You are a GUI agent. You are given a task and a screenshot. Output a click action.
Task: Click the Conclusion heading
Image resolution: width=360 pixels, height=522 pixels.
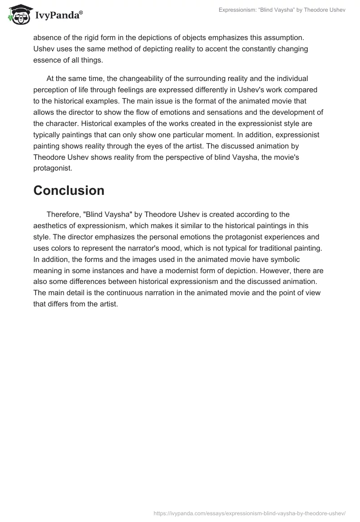[69, 190]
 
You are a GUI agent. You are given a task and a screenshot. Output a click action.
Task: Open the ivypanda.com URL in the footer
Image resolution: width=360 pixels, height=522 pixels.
[249, 513]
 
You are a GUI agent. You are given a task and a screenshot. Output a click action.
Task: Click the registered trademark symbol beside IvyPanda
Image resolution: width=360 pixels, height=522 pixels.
[81, 13]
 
